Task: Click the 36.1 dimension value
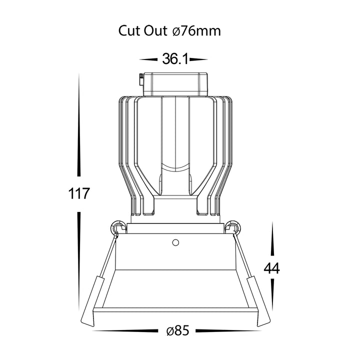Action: [x=175, y=59]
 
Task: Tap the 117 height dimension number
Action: [x=78, y=193]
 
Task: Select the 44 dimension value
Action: [x=272, y=268]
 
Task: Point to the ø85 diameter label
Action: [x=178, y=331]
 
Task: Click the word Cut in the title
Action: [x=129, y=31]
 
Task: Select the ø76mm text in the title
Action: [x=196, y=31]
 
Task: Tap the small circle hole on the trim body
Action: [x=175, y=242]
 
